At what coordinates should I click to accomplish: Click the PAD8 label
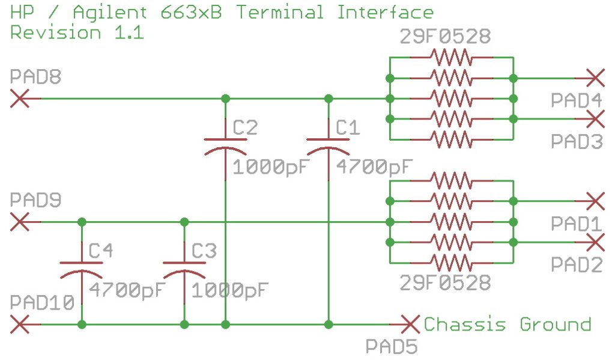[35, 76]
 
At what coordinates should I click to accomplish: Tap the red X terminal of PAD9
[20, 222]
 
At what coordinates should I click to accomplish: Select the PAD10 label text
[42, 303]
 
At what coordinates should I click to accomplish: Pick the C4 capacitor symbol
[82, 271]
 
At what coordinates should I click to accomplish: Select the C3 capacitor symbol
[184, 271]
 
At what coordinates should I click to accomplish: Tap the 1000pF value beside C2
[271, 167]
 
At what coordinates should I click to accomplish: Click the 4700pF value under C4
[127, 290]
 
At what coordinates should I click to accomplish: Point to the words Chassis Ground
[507, 325]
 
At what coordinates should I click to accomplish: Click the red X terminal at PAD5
[410, 325]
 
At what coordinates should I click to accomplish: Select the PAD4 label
[576, 100]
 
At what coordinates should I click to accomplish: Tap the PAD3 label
[577, 141]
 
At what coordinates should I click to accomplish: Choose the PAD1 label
[576, 224]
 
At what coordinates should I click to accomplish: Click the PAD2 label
[577, 264]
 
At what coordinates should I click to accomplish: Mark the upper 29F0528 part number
[445, 37]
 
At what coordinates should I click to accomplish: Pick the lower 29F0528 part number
[445, 282]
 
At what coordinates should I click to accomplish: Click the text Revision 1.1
[77, 32]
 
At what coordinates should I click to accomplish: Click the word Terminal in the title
[280, 12]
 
